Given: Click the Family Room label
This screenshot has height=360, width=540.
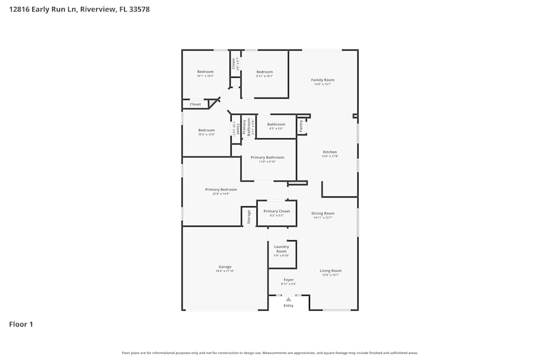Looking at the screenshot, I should (x=322, y=80).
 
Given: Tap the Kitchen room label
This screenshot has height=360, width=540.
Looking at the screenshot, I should (x=330, y=152).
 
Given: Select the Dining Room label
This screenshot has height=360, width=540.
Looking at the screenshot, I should (x=323, y=213).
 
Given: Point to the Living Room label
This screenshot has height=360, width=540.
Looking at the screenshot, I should (x=330, y=271).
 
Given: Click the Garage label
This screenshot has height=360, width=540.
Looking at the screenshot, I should (x=225, y=267).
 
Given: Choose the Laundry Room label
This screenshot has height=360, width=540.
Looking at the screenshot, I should (x=281, y=249).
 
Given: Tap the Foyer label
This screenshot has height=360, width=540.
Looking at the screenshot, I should (x=288, y=280).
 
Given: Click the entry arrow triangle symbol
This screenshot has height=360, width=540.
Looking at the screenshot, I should (x=288, y=299).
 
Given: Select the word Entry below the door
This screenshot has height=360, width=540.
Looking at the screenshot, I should (x=288, y=306).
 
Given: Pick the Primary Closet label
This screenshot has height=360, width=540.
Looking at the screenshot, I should (x=276, y=211).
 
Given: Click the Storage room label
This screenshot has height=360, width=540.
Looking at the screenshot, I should (x=249, y=216).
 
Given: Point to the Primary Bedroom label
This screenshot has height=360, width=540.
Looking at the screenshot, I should (x=221, y=189).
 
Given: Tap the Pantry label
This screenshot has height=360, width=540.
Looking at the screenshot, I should (x=301, y=126).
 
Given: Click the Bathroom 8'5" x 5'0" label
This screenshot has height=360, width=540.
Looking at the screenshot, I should (x=276, y=125).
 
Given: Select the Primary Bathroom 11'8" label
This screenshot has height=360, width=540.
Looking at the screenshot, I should (x=267, y=158).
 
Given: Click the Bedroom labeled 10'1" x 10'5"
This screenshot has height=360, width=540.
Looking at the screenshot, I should (x=205, y=72).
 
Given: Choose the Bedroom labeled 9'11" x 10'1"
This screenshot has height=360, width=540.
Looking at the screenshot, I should (x=265, y=72).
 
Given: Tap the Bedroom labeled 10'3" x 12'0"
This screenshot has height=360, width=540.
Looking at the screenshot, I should (x=206, y=130).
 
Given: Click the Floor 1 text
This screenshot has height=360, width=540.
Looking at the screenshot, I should (x=21, y=324).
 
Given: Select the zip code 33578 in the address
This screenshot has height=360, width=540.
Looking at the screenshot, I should (x=138, y=9).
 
